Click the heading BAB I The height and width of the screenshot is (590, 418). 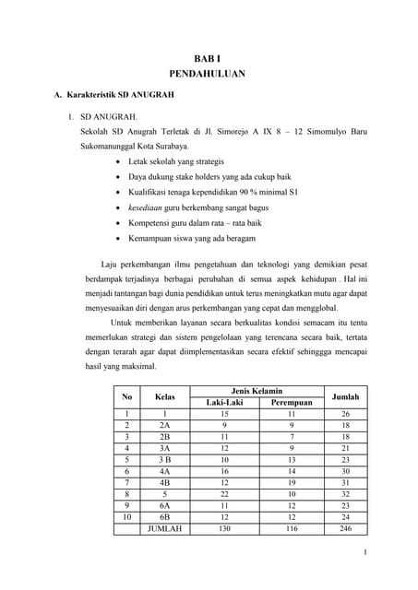(x=208, y=57)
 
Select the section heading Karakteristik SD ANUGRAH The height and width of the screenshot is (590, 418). (x=121, y=95)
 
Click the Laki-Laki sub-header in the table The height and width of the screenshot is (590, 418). (x=223, y=402)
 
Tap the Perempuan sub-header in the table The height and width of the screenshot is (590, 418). (x=293, y=402)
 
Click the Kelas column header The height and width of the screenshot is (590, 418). (x=164, y=396)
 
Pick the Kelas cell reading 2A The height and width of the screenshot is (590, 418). (x=164, y=426)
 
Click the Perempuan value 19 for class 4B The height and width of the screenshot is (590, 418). (x=293, y=481)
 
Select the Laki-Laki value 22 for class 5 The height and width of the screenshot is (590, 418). (x=223, y=493)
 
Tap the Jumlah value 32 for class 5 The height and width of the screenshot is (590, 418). (x=346, y=493)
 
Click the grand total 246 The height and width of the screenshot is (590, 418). (x=346, y=528)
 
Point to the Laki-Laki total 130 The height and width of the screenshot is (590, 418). (x=223, y=528)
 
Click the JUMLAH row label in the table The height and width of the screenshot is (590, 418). (x=164, y=528)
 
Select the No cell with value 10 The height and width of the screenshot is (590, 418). (x=125, y=516)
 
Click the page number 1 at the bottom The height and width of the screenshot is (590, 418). (x=366, y=552)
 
